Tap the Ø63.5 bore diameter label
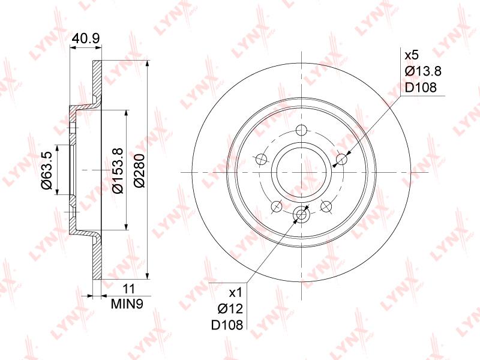point(48,170)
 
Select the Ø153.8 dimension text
point(117,170)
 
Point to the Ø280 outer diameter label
point(140,170)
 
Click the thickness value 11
point(128,289)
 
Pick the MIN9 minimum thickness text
point(127,304)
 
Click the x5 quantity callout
point(412,55)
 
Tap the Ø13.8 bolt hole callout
point(423,71)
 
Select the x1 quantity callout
point(236,293)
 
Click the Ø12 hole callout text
point(230,309)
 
